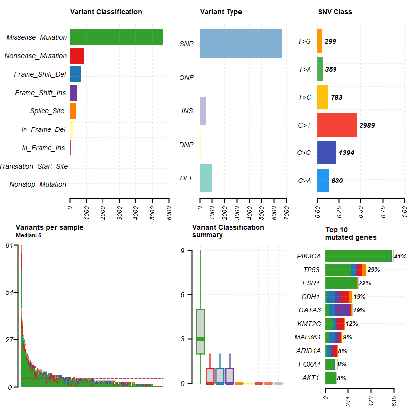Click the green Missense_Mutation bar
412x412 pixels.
(x=116, y=37)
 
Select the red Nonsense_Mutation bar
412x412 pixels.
(x=77, y=56)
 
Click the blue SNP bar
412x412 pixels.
(x=240, y=44)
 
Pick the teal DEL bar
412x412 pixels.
(x=206, y=178)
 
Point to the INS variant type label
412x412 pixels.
(x=187, y=111)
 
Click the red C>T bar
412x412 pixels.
(x=336, y=125)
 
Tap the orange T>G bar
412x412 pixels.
(x=320, y=41)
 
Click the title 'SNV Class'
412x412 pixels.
(x=335, y=12)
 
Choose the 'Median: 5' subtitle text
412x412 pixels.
(x=28, y=235)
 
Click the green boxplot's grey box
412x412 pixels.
(x=200, y=331)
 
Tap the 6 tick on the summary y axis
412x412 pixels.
(x=182, y=295)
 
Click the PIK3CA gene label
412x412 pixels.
(x=309, y=256)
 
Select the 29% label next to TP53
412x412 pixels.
(x=374, y=270)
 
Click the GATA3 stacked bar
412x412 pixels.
(x=338, y=310)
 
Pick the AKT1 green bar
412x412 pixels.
(x=331, y=378)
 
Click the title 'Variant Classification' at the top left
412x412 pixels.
(x=106, y=12)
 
